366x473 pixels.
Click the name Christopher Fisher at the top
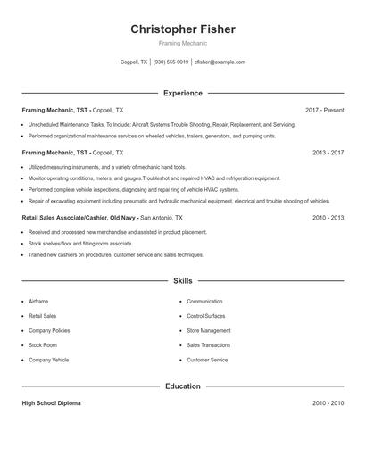pyautogui.click(x=183, y=29)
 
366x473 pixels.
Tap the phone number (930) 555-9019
pyautogui.click(x=171, y=62)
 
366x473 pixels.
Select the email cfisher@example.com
pyautogui.click(x=220, y=62)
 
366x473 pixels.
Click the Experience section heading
pyautogui.click(x=183, y=93)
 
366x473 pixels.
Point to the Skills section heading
pyautogui.click(x=183, y=280)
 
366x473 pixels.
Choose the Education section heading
pyautogui.click(x=183, y=386)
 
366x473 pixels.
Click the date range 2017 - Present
pyautogui.click(x=324, y=110)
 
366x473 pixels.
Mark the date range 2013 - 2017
pyautogui.click(x=328, y=153)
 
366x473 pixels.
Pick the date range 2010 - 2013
pyautogui.click(x=328, y=217)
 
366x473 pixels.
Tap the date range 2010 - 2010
pyautogui.click(x=328, y=403)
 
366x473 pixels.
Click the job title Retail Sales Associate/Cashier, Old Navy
pyautogui.click(x=79, y=217)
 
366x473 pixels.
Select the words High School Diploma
pyautogui.click(x=51, y=403)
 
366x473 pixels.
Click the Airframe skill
pyautogui.click(x=38, y=302)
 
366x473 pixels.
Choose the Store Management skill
pyautogui.click(x=208, y=330)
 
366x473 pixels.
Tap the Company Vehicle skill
pyautogui.click(x=48, y=360)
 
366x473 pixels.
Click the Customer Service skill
pyautogui.click(x=207, y=360)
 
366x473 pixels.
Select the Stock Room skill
pyautogui.click(x=42, y=344)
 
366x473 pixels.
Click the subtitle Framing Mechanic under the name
pyautogui.click(x=183, y=43)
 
